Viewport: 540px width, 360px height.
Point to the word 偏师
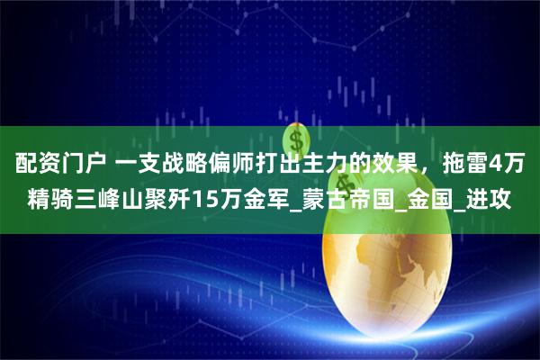(x=247, y=166)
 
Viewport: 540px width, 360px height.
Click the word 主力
(x=347, y=166)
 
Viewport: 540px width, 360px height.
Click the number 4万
(x=514, y=166)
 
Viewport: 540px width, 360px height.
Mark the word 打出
(x=297, y=166)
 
